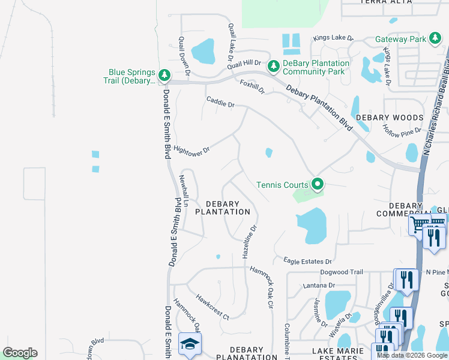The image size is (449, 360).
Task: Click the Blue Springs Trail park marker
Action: [x=163, y=76]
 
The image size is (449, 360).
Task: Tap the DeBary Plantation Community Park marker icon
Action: [x=274, y=65]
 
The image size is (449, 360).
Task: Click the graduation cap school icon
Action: [x=190, y=343]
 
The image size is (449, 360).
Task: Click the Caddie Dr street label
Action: [x=220, y=103]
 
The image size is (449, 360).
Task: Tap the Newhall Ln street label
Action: [x=184, y=191]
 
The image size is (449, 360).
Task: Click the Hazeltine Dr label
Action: [x=250, y=242]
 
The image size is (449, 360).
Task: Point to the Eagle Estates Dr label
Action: [x=307, y=262]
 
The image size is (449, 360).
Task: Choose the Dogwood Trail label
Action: [x=342, y=272]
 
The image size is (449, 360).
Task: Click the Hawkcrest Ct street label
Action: [x=212, y=306]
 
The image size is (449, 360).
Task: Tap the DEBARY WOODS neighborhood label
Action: [x=389, y=118]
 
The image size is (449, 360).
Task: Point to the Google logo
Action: [x=20, y=353]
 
